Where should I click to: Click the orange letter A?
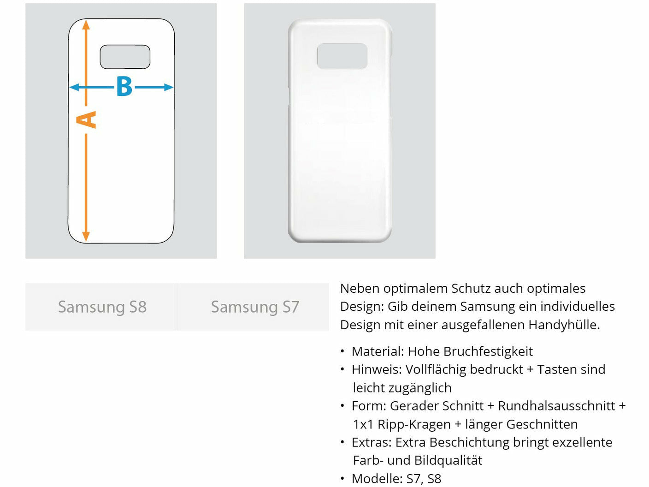coord(86,119)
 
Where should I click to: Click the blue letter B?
coord(124,87)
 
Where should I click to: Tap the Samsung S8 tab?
coord(102,307)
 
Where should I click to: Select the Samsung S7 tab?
coord(255,307)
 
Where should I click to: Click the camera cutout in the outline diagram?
coord(125,57)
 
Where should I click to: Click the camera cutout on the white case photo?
coord(342,56)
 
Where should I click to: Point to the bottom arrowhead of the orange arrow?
coord(86,237)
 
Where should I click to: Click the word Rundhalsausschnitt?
coord(556,406)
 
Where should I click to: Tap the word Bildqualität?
coord(448,460)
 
